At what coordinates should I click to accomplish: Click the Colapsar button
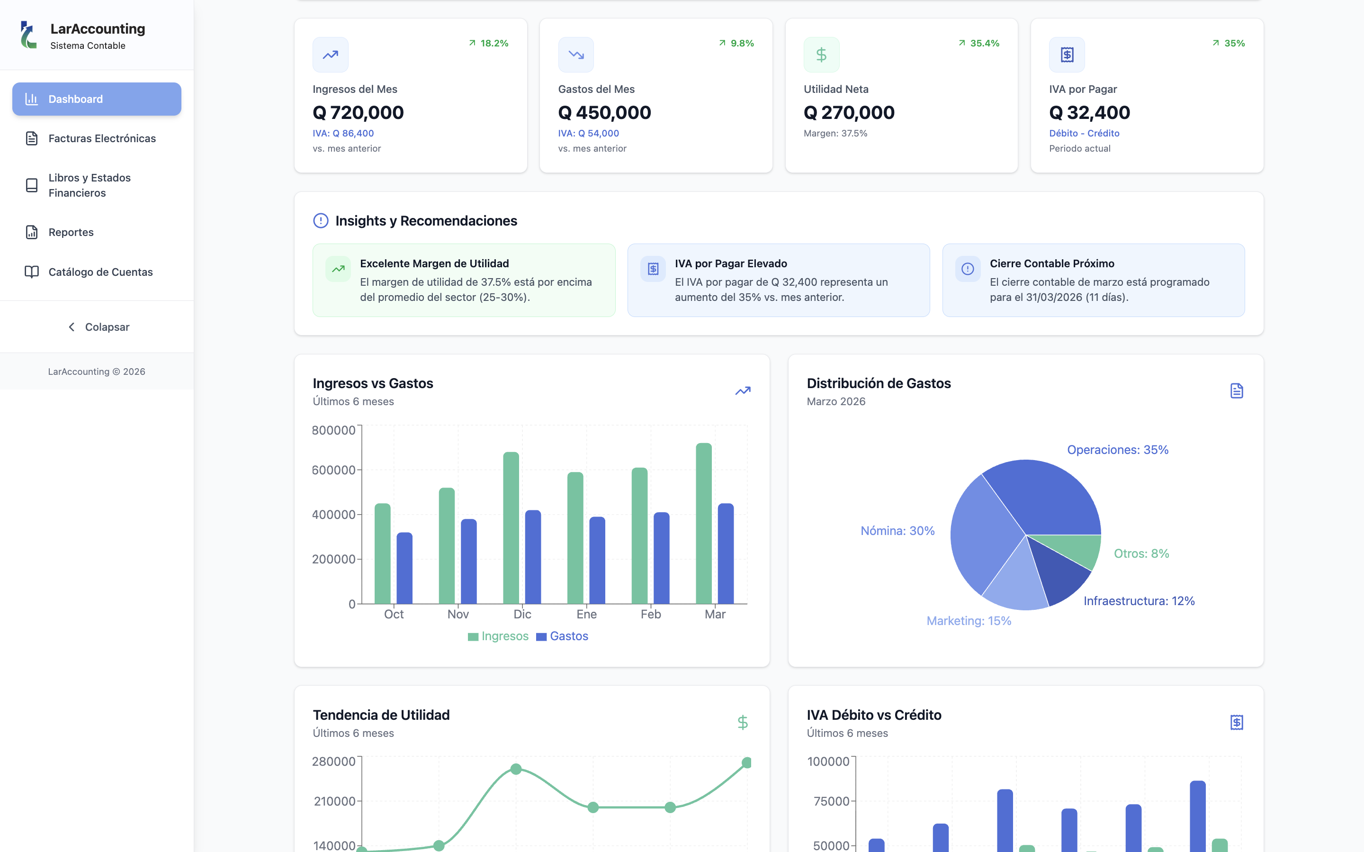[x=99, y=327]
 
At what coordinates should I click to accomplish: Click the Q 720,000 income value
[x=358, y=113]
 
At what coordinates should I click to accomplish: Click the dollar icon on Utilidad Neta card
[x=821, y=54]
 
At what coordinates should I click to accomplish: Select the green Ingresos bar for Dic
[x=511, y=528]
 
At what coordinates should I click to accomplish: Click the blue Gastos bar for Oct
[x=404, y=568]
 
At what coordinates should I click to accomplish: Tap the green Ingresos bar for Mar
[x=704, y=524]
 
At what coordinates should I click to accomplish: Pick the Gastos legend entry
[x=562, y=636]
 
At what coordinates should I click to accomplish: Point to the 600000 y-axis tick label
[x=333, y=470]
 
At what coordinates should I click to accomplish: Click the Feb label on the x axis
[x=650, y=614]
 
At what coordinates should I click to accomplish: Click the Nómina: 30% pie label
[x=897, y=531]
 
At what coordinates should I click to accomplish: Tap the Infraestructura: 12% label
[x=1139, y=601]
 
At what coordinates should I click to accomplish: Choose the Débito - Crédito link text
[x=1084, y=133]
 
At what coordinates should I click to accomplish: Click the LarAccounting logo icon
[x=28, y=35]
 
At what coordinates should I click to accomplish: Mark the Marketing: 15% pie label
[x=969, y=620]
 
